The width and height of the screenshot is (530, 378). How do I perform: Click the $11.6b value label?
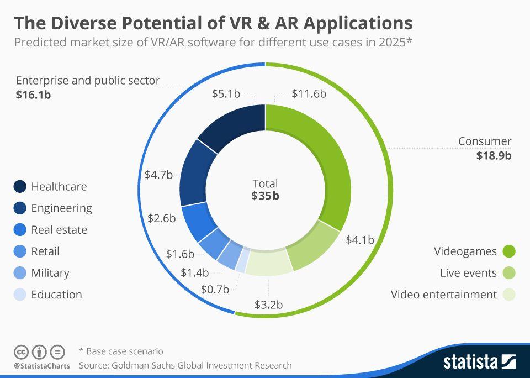tap(309, 94)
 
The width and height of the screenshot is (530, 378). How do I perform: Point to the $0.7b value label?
tap(215, 288)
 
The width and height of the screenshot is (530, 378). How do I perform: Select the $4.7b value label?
tap(158, 175)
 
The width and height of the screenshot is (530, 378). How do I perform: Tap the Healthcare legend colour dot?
tap(20, 187)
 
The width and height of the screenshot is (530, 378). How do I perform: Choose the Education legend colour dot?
tap(20, 295)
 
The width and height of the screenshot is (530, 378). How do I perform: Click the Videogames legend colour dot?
tap(508, 251)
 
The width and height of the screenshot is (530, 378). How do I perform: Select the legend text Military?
tap(50, 273)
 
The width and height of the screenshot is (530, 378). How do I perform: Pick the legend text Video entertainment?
tap(443, 295)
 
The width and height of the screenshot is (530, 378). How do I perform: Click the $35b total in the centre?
tap(265, 196)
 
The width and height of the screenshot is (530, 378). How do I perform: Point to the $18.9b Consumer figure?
tap(494, 155)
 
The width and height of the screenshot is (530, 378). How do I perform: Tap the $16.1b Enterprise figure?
tap(34, 95)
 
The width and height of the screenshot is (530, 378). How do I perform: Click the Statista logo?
tap(479, 362)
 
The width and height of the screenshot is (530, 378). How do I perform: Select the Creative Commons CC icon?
tap(22, 351)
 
